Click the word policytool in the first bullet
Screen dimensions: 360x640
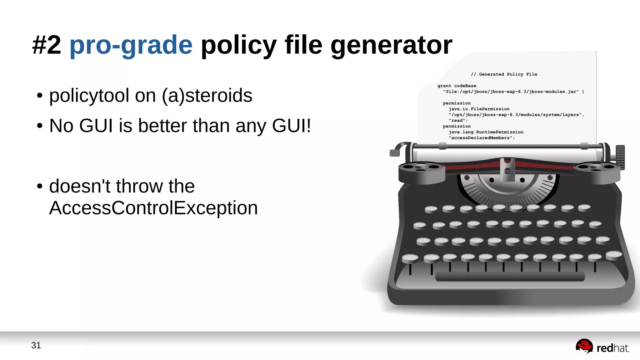(x=89, y=95)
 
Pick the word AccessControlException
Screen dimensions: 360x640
(x=153, y=208)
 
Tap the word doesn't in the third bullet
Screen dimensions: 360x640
(x=80, y=186)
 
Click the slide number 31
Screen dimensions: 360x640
(x=36, y=345)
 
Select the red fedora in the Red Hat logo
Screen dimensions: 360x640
(x=584, y=346)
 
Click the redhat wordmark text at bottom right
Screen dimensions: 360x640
(x=612, y=348)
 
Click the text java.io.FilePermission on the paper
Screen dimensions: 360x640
(x=479, y=109)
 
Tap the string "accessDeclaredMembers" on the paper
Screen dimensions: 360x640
(x=482, y=138)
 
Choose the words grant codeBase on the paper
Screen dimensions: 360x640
(x=457, y=86)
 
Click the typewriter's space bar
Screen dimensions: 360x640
(x=510, y=277)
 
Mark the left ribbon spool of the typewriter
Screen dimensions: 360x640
(x=421, y=171)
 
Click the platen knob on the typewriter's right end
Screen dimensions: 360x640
(x=620, y=157)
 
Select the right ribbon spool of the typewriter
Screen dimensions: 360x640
(x=596, y=171)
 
